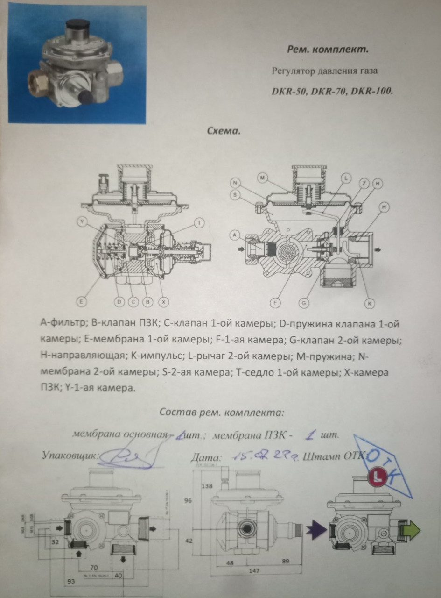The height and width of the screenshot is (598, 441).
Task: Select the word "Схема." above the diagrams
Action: (223, 131)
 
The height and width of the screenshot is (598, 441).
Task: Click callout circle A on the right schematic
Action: (235, 235)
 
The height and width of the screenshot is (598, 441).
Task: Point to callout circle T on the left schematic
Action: (199, 223)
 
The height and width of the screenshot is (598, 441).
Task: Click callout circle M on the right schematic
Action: (263, 178)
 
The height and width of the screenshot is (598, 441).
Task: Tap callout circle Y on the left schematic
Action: (83, 223)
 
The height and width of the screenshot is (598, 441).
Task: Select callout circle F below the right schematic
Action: (275, 303)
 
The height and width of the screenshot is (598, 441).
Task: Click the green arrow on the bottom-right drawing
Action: (409, 530)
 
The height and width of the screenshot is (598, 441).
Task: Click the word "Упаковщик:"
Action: (69, 454)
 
